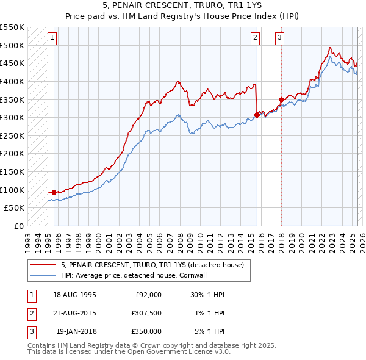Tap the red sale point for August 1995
coord(54,192)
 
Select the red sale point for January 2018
coord(281,99)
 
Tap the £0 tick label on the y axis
coord(18,226)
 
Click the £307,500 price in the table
coord(146,313)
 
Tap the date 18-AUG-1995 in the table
coord(74,295)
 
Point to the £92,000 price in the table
coord(148,295)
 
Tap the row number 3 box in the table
coord(30,331)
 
